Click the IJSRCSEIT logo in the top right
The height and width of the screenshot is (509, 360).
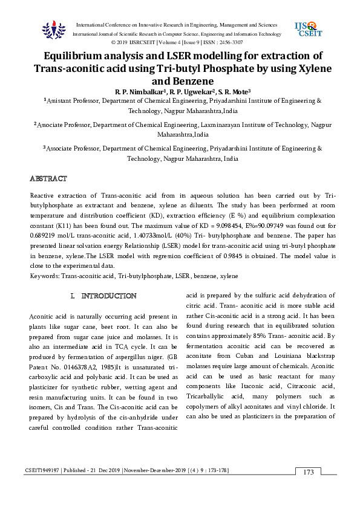tap(308, 30)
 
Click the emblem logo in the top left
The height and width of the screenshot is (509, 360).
tap(53, 29)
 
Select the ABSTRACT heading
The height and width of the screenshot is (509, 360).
tap(49, 179)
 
